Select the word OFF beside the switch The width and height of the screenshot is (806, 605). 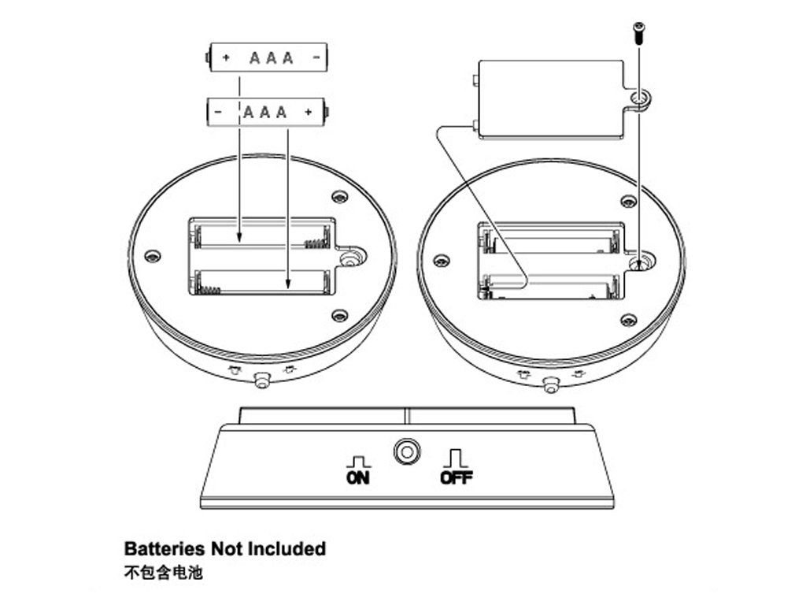point(456,477)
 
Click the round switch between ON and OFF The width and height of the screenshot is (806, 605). point(406,452)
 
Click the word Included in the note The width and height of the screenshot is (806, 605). point(287,548)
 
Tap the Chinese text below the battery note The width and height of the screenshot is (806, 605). point(163,573)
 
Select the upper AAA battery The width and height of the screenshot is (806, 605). point(268,58)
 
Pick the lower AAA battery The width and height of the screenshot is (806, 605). point(268,111)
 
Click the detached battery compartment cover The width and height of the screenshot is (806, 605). point(551,99)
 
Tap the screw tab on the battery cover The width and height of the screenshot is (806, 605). point(640,98)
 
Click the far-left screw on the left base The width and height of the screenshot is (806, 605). point(153,254)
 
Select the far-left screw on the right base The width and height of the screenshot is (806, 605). point(441,261)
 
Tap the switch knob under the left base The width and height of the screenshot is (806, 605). point(261,380)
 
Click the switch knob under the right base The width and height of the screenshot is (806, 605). point(552,384)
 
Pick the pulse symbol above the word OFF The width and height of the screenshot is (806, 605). point(456,457)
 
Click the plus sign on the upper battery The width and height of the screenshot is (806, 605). point(227,58)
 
